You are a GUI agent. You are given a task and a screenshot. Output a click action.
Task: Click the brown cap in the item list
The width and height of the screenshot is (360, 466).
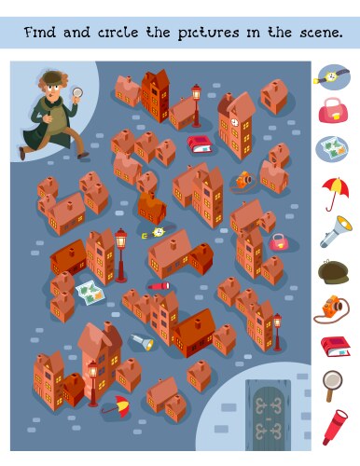[333, 270]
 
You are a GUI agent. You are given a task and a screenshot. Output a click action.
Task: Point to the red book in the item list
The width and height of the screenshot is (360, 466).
[333, 347]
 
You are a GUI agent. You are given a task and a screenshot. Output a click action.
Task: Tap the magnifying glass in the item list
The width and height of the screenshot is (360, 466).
[332, 383]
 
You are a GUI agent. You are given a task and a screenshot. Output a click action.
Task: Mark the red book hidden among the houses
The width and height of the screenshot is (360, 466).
[200, 144]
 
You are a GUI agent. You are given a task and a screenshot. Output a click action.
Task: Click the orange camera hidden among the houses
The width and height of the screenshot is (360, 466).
[244, 179]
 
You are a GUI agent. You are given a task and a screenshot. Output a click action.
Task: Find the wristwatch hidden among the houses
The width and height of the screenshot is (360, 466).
[157, 232]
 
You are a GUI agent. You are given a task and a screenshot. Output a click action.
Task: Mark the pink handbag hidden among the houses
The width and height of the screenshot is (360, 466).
[278, 241]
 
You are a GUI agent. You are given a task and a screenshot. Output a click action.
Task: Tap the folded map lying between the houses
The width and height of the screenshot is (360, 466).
[91, 293]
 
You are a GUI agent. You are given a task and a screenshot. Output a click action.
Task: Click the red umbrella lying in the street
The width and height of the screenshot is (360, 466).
[117, 404]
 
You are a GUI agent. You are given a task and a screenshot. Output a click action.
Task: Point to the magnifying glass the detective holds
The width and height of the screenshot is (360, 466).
[77, 91]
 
